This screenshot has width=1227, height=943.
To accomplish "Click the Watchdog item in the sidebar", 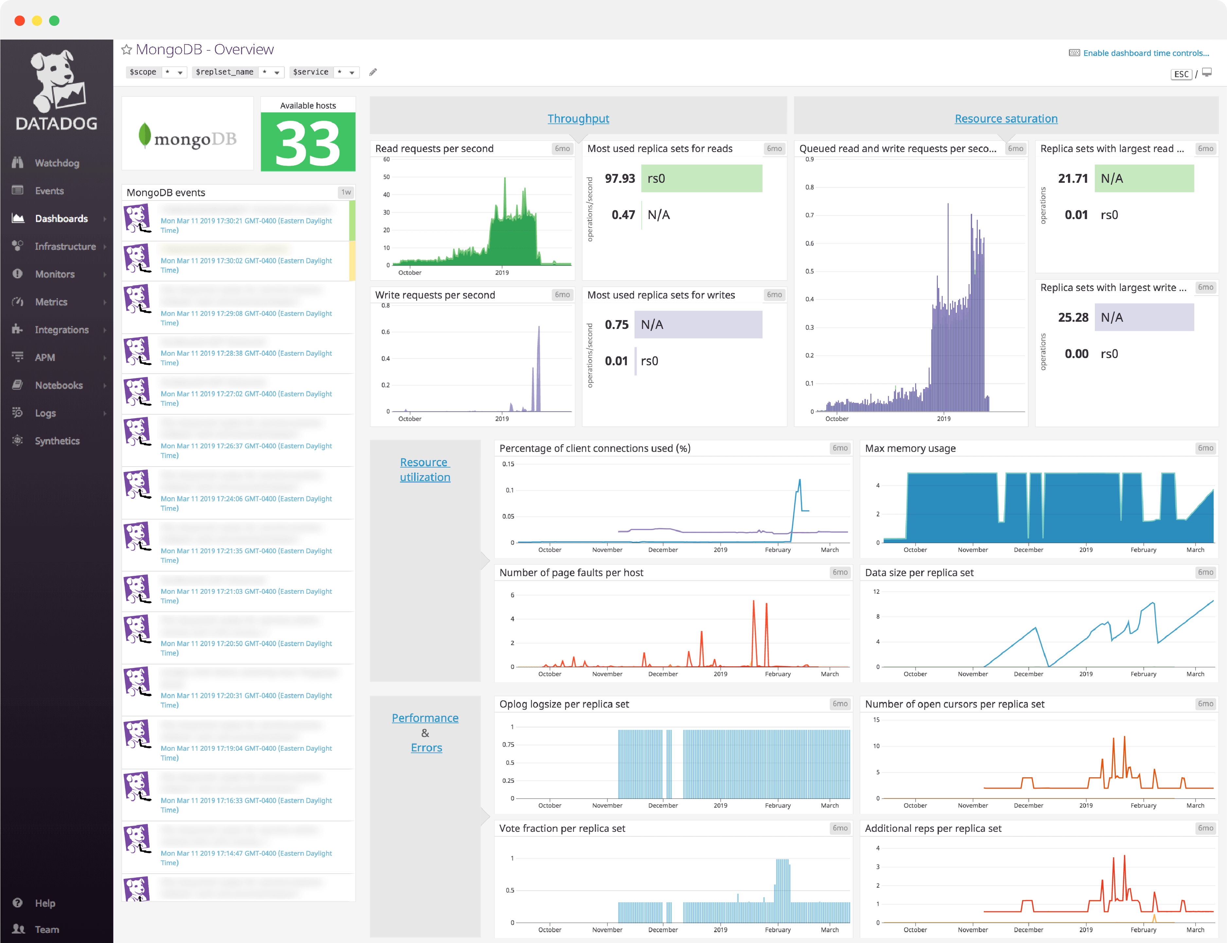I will [56, 163].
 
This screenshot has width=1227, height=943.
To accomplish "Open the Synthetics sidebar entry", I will [57, 441].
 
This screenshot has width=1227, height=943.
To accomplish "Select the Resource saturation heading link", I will [1006, 118].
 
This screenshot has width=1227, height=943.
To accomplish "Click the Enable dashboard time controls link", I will [1146, 53].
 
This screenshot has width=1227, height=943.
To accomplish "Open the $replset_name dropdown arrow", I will [277, 72].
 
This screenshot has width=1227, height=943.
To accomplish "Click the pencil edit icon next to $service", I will [373, 72].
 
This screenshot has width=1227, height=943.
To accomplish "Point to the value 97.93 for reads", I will [620, 179].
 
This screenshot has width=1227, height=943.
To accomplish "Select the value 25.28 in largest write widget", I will [1073, 317].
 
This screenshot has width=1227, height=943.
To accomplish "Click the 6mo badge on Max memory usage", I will [1205, 448].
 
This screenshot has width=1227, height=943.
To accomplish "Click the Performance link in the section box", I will [425, 718].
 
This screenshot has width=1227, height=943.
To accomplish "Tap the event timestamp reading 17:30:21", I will [246, 221].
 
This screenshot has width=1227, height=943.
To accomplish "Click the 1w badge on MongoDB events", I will [346, 192].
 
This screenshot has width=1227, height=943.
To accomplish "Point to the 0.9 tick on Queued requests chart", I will [809, 160].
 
